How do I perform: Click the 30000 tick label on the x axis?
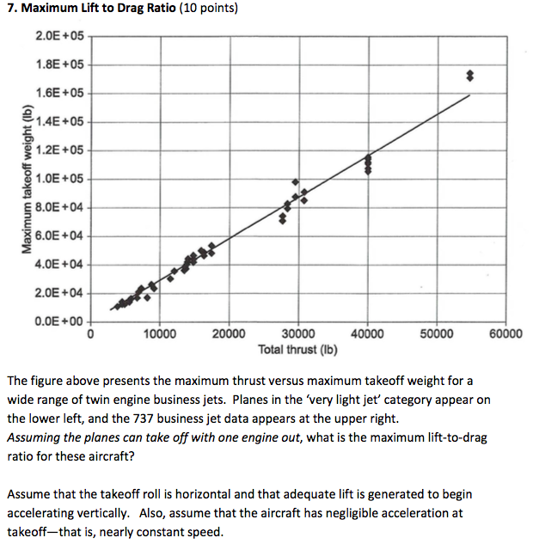click(297, 334)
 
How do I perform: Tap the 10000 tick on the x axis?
click(160, 334)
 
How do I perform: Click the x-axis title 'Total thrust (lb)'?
click(297, 350)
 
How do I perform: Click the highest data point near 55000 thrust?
click(469, 73)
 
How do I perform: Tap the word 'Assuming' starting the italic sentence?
click(34, 438)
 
